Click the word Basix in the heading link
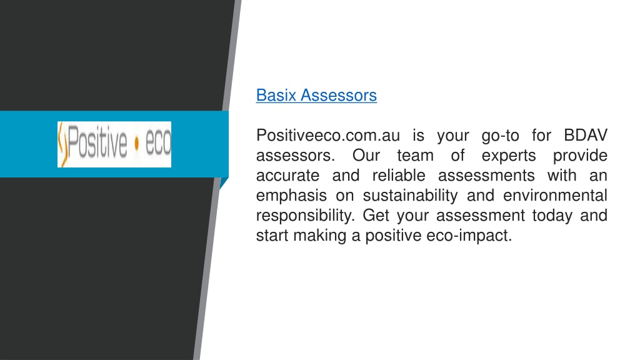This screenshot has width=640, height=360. (276, 95)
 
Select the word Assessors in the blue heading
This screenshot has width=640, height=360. (338, 95)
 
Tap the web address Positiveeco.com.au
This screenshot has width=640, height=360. (328, 136)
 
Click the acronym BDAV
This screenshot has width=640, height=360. (585, 136)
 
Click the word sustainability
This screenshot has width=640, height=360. (410, 196)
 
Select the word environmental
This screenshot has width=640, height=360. (555, 196)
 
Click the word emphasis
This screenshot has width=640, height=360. (291, 196)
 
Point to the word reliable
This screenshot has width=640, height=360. (399, 176)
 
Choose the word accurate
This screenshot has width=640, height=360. (287, 176)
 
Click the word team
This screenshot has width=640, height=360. (415, 156)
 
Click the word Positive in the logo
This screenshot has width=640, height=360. (97, 142)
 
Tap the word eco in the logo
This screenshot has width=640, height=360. (158, 143)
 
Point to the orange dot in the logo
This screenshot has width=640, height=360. (136, 143)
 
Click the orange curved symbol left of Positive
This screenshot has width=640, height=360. (62, 145)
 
